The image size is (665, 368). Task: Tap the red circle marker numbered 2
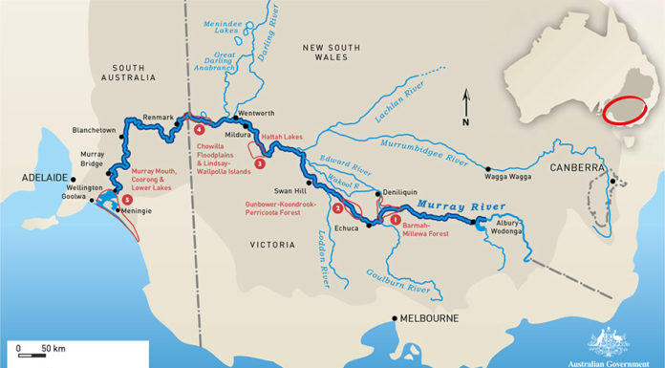click(x=336, y=207)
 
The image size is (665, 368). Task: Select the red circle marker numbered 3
click(x=259, y=163)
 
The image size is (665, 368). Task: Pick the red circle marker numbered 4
click(x=199, y=128)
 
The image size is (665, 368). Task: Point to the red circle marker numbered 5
click(x=126, y=200)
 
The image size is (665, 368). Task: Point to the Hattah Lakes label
click(x=281, y=137)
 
